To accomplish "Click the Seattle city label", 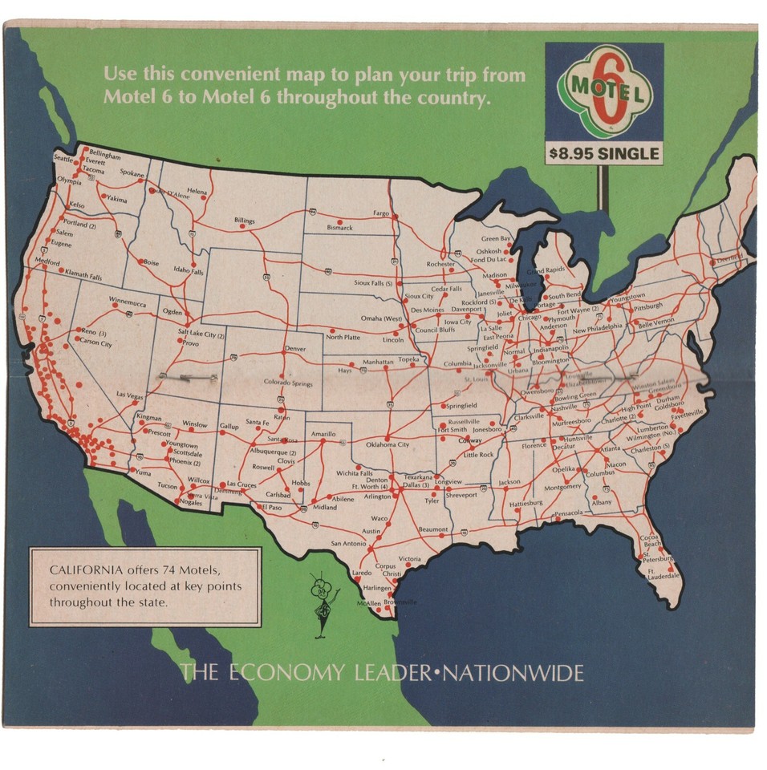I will point(63,159).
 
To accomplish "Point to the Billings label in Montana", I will point(244,221).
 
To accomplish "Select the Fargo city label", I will point(381,214).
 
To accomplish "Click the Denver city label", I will point(295,349).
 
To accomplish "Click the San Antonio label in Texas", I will point(347,544).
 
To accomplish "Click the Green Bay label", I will point(496,239).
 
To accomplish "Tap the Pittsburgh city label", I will point(647,306).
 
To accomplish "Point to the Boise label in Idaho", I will point(151,262).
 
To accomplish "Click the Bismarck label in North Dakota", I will point(339,228).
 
